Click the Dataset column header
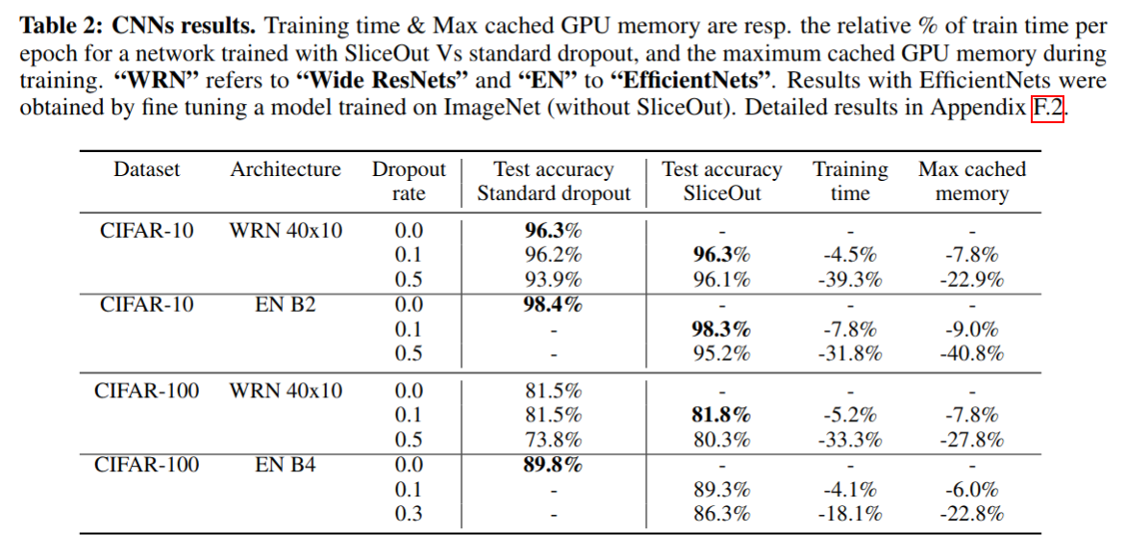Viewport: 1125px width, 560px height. (146, 170)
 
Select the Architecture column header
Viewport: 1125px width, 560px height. (286, 170)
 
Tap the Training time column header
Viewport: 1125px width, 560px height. (850, 182)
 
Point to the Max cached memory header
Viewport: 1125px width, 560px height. (972, 182)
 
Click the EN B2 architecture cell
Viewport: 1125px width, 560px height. (286, 304)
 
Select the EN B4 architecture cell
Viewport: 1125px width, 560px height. (286, 466)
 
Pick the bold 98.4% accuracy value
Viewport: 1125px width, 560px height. (553, 304)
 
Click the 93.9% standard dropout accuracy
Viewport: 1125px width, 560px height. (553, 279)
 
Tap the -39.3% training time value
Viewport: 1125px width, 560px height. (850, 279)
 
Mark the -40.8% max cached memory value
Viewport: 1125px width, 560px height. (972, 353)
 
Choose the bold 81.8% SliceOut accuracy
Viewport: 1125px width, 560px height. (722, 415)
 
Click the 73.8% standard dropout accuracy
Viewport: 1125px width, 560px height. (553, 440)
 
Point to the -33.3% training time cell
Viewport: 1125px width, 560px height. (850, 440)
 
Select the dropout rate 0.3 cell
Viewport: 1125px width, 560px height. (409, 514)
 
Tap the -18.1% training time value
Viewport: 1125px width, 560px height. (850, 514)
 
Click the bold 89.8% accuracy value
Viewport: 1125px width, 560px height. (553, 466)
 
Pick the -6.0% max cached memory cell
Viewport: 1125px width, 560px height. (972, 490)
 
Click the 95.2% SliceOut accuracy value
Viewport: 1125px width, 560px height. (722, 353)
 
